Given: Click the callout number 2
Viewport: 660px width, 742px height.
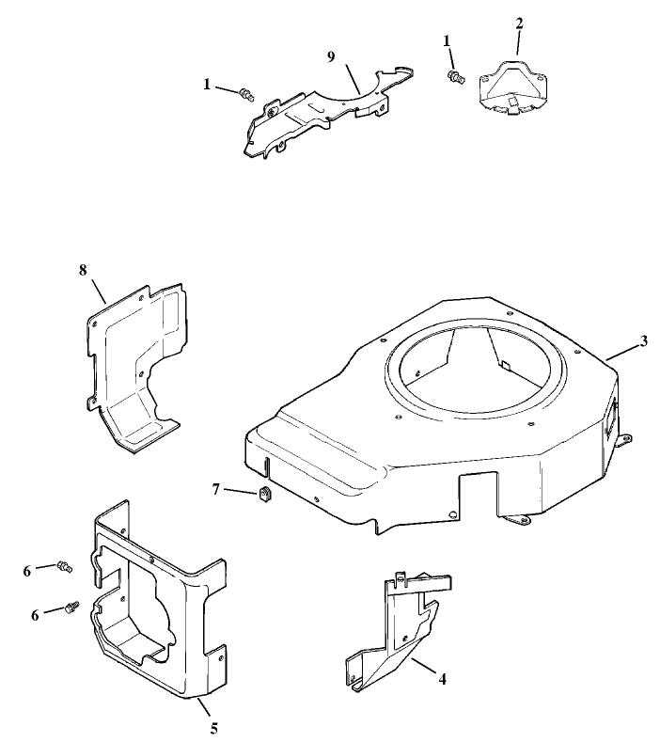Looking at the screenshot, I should click(x=518, y=22).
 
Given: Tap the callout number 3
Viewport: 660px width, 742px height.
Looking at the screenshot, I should click(x=644, y=340).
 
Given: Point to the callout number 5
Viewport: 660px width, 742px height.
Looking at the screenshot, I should click(x=213, y=727).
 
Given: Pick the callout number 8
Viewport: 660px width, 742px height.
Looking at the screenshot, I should click(x=83, y=269).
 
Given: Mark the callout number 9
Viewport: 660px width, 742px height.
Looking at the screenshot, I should click(x=331, y=56).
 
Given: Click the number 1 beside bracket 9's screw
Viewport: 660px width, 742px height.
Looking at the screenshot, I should click(x=208, y=84).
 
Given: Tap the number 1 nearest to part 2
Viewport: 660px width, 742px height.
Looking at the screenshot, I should click(x=448, y=40).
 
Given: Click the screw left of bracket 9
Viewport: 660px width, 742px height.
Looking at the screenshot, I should click(x=248, y=93).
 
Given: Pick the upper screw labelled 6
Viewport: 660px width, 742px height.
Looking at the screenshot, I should click(x=65, y=565).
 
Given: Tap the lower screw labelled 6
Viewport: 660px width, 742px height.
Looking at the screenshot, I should click(x=71, y=609).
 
